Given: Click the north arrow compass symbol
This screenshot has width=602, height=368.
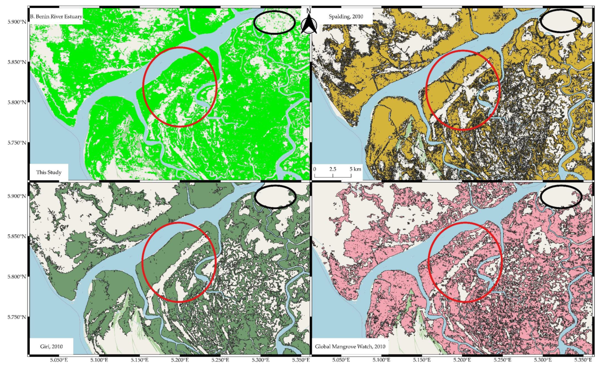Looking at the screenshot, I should (309, 22).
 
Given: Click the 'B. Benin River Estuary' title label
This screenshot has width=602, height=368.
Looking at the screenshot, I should (56, 17).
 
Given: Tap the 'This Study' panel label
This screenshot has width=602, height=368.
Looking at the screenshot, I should (49, 172).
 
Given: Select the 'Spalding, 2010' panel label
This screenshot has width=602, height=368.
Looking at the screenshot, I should (346, 17).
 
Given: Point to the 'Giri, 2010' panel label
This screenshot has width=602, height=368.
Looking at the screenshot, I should (51, 347).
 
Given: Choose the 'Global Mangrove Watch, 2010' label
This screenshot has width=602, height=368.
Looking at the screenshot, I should (350, 347).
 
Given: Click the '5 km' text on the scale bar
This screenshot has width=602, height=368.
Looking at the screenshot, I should (355, 169).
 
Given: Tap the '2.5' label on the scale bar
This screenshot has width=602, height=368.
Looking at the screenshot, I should (333, 169).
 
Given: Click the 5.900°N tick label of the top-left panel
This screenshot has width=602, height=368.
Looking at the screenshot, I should (17, 22).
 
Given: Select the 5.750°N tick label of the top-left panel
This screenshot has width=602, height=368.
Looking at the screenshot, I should (17, 143).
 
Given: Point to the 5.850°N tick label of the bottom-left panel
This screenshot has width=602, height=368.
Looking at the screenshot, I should (17, 236).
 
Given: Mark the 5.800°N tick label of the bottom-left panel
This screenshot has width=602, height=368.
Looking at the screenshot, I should (17, 277).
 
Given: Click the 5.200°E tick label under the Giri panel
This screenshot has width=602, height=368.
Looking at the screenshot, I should (180, 360).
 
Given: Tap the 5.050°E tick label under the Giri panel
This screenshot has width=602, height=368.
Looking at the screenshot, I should (59, 360).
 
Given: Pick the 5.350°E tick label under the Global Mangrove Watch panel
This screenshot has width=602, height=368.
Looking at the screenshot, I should (583, 360).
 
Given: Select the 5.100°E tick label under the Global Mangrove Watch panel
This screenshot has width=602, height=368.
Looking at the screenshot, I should (381, 360).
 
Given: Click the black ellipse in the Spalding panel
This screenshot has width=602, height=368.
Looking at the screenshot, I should (561, 21).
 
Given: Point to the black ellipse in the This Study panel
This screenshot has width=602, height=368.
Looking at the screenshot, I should (274, 22).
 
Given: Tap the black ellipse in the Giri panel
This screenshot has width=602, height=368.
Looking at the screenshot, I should (275, 197).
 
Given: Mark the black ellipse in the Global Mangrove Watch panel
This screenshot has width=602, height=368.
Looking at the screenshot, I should (561, 197).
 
